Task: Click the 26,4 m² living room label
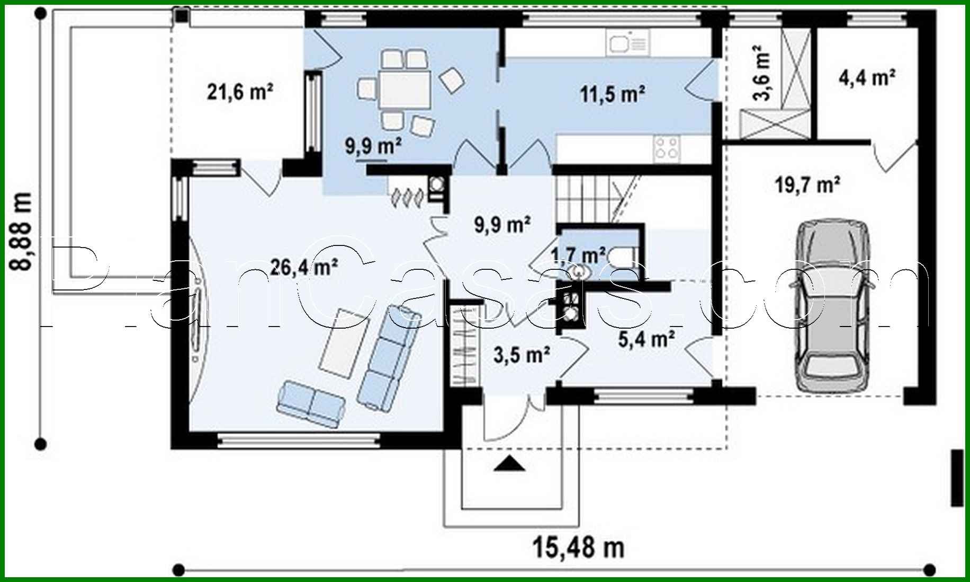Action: coord(304,267)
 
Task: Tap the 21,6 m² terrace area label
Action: coord(240,93)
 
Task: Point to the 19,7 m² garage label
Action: coord(807,186)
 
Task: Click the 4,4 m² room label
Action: coord(867,78)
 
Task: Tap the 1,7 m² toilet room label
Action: coord(578,256)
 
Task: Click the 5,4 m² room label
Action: coord(646,339)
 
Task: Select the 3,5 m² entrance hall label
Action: coord(522,355)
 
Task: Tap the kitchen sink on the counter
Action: coord(627,42)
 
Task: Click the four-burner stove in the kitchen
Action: coord(666,148)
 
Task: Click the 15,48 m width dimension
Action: coord(578,548)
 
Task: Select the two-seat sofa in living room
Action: coord(311,404)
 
